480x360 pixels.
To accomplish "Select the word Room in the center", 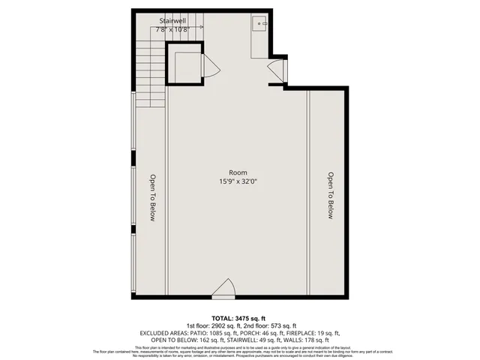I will click(x=238, y=172).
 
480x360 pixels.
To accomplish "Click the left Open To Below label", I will click(x=151, y=198).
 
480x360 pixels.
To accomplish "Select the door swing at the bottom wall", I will click(x=223, y=288).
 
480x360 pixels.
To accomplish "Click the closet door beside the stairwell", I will click(x=211, y=67).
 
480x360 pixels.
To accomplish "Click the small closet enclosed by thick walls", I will click(x=183, y=66).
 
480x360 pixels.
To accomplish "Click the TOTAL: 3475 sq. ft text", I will click(x=239, y=318).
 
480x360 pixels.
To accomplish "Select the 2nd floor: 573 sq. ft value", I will click(x=265, y=325).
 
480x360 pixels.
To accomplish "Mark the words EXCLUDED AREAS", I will click(x=161, y=332).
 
